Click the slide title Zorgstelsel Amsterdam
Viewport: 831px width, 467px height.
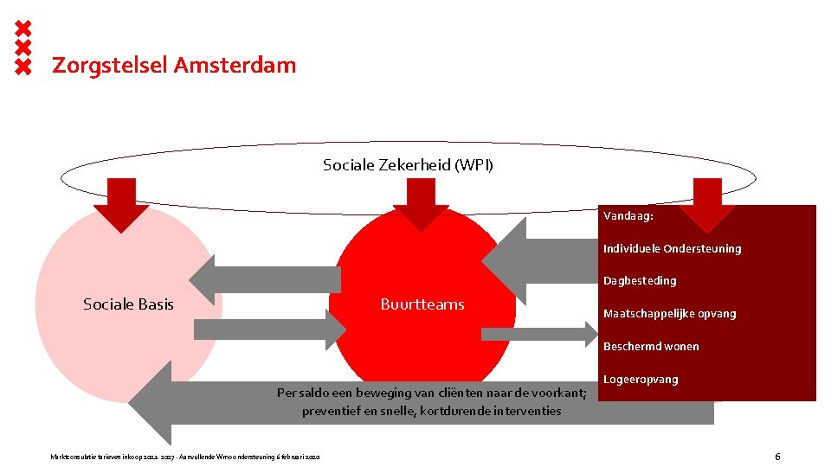(x=174, y=65)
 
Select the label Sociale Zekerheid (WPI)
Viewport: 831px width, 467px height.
(x=408, y=164)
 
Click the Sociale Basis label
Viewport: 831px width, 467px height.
(x=128, y=304)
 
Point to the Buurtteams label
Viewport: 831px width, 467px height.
(x=422, y=304)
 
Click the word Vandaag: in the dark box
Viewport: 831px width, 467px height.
(x=628, y=216)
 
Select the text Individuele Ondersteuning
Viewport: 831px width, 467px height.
(x=672, y=249)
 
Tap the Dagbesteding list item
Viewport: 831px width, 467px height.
(x=640, y=281)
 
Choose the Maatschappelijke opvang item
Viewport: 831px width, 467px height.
(x=669, y=314)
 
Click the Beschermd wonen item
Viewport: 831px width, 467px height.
(x=651, y=347)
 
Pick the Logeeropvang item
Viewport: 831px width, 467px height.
(x=641, y=380)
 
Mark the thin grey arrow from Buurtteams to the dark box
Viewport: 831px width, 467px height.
(x=537, y=334)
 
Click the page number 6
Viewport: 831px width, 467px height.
(x=777, y=456)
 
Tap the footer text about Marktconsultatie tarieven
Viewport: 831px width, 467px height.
(x=186, y=456)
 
